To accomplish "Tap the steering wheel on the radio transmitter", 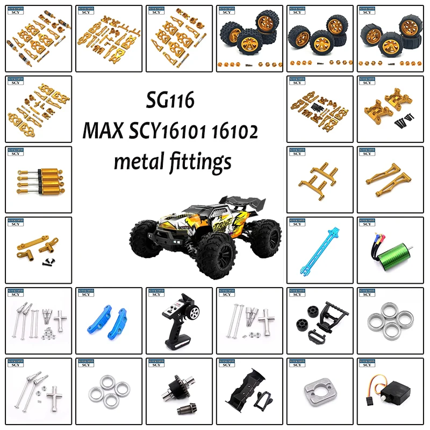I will tap(197, 313).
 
